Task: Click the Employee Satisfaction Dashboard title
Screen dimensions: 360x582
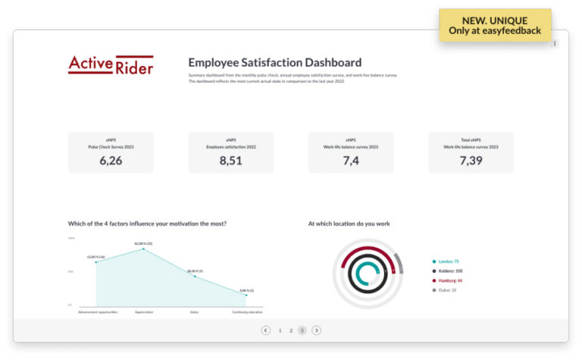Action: click(274, 62)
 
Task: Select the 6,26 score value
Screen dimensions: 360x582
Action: click(111, 160)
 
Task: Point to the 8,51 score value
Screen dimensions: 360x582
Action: click(230, 160)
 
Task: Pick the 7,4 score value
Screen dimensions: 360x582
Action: click(350, 160)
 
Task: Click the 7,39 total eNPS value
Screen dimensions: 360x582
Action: click(471, 160)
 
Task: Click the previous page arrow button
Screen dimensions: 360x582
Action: click(265, 330)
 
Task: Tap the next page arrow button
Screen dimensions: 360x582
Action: click(317, 330)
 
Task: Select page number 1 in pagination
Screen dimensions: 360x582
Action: click(280, 330)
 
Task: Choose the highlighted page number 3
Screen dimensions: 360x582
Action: click(302, 330)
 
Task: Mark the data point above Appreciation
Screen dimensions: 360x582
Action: click(144, 249)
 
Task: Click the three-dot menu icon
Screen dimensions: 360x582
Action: click(555, 44)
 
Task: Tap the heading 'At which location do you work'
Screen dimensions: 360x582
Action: click(349, 224)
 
